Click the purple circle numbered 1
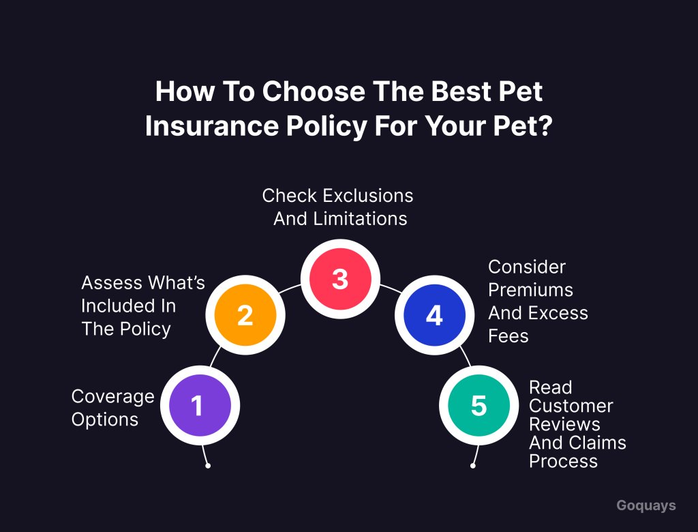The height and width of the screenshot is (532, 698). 200,405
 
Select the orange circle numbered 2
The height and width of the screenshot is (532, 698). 245,315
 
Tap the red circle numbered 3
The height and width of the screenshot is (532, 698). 340,279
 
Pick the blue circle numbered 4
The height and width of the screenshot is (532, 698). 434,315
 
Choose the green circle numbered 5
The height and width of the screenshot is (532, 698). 479,405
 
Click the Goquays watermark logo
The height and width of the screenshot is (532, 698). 646,505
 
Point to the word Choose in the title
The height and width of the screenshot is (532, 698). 314,91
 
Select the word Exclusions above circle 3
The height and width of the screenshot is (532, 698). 367,196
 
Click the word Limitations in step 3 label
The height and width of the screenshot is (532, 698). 360,219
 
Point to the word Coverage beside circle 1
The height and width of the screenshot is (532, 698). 113,396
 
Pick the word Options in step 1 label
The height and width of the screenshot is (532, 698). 104,419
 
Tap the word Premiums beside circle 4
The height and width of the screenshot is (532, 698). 530,290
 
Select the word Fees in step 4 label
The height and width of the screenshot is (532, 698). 509,336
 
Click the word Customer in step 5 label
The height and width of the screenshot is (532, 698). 571,406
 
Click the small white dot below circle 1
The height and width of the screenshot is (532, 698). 208,466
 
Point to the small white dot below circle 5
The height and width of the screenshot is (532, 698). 473,466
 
